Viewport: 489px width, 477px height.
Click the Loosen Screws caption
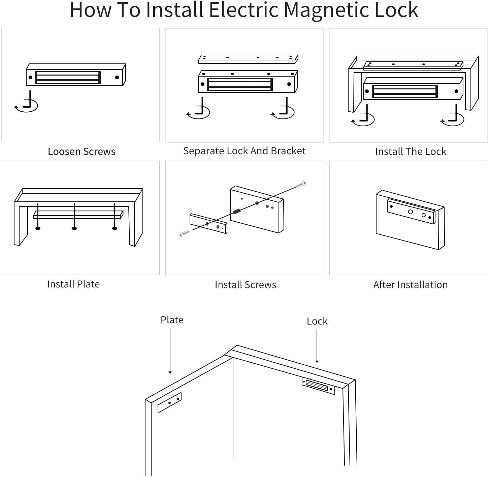[x=81, y=151]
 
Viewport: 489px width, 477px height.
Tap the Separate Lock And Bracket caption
[x=244, y=151]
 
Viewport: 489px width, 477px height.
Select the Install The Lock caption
[x=411, y=151]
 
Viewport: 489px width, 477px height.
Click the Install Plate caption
[x=73, y=284]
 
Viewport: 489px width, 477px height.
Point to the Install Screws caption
[x=245, y=285]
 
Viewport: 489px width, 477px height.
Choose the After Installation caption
[x=410, y=285]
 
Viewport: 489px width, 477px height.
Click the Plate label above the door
[x=172, y=320]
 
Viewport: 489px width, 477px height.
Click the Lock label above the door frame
[x=317, y=321]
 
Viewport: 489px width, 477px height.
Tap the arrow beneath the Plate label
[x=170, y=351]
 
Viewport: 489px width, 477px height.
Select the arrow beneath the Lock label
[x=317, y=346]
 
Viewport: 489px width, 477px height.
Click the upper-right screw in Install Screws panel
[x=301, y=184]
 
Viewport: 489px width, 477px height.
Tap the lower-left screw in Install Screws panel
[x=184, y=233]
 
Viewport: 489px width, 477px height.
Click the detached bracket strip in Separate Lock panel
[x=248, y=59]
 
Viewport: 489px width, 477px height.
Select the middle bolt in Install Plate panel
[x=74, y=218]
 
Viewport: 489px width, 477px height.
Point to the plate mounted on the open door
[x=169, y=403]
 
